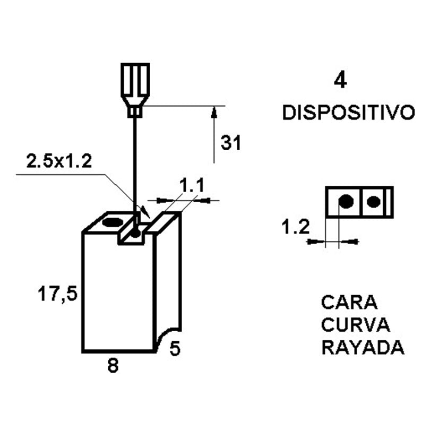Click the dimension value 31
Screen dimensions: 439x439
[x=231, y=143]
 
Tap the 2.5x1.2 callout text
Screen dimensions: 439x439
[x=59, y=161]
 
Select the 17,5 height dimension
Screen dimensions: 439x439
[x=57, y=294]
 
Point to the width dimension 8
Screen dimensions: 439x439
[x=113, y=366]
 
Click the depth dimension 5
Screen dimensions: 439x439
[x=175, y=349]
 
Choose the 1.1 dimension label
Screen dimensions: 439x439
[x=192, y=185]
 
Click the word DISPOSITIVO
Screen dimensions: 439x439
[x=349, y=113]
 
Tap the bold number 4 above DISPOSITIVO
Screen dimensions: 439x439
[x=340, y=80]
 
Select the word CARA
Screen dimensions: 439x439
[x=349, y=303]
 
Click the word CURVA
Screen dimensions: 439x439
[x=356, y=325]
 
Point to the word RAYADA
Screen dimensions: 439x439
[x=363, y=348]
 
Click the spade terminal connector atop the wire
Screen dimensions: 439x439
[x=135, y=90]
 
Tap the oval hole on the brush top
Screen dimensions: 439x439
[x=113, y=222]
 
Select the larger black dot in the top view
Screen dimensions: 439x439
[x=346, y=201]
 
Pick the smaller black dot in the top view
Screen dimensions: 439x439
[x=374, y=202]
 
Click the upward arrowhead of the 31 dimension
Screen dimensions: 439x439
[x=214, y=111]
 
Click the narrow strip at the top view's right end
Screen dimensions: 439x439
[x=390, y=202]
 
